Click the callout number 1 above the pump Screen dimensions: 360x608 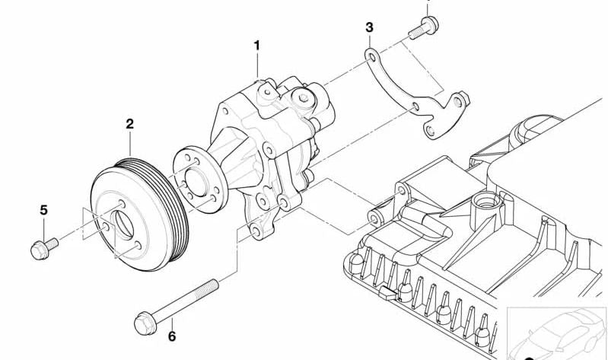pyautogui.click(x=257, y=46)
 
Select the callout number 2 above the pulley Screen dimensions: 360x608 pyautogui.click(x=129, y=123)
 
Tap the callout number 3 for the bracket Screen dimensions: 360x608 pyautogui.click(x=369, y=27)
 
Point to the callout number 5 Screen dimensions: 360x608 pyautogui.click(x=43, y=209)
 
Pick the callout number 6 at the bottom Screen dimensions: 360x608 pyautogui.click(x=171, y=336)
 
